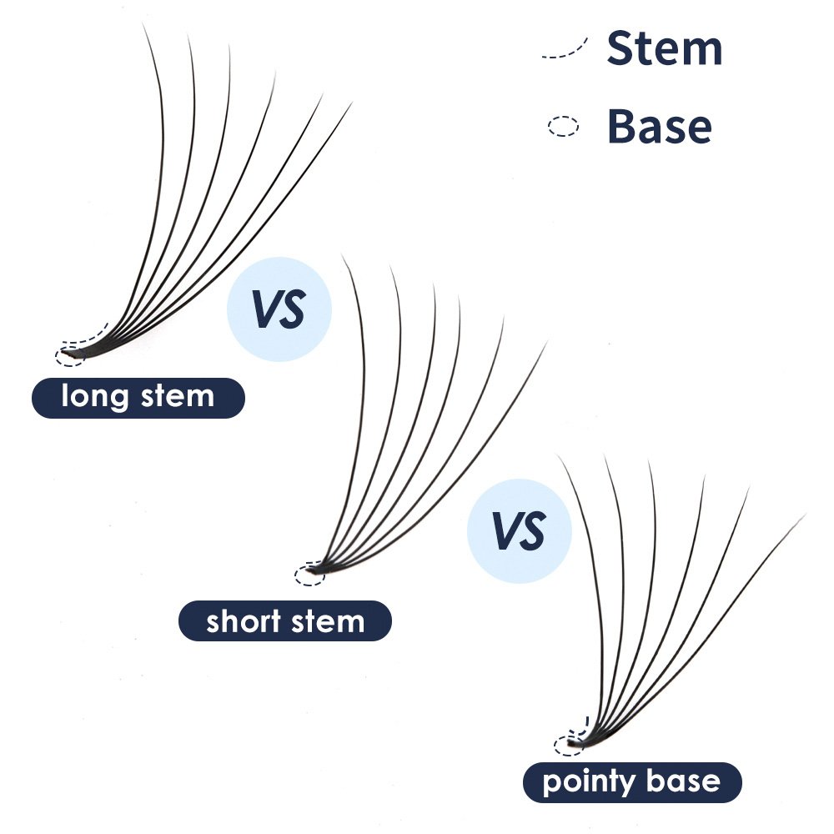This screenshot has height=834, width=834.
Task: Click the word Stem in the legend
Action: click(664, 49)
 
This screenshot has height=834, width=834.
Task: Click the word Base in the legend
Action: click(659, 127)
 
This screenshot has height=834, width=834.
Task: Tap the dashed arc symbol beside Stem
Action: click(565, 48)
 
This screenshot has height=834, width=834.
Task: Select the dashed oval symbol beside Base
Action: click(563, 127)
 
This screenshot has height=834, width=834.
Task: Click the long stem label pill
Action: click(138, 398)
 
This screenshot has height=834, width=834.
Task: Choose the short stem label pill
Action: click(285, 621)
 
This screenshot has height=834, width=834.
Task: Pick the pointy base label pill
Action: click(631, 782)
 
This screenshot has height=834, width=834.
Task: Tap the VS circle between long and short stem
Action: click(279, 309)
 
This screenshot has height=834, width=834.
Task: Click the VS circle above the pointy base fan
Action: click(519, 530)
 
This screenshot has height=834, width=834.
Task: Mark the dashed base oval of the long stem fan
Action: click(69, 356)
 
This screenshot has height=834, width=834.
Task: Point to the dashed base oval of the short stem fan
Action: click(309, 572)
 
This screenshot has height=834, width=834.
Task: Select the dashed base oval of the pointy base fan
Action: click(569, 745)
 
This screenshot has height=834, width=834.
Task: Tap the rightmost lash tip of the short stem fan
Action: click(546, 342)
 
